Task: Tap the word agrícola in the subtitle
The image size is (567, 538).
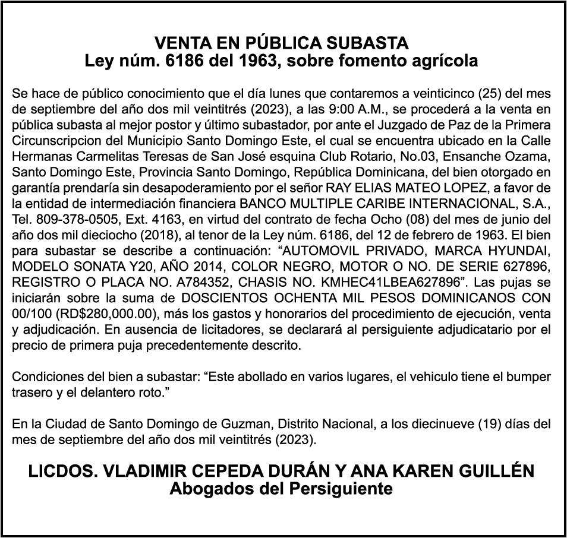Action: point(447,61)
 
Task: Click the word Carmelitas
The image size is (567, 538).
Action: point(101,156)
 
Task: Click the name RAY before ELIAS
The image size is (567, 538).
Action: point(338,186)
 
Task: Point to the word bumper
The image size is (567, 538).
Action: point(528,377)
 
